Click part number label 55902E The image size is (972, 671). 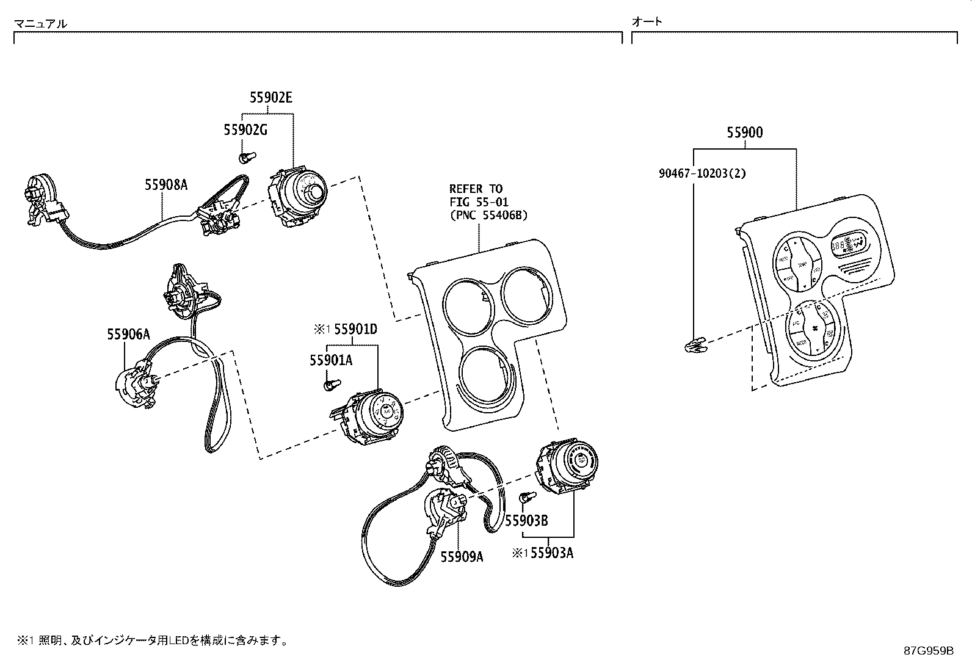270,98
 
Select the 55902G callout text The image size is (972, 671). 245,130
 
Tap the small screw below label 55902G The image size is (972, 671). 246,159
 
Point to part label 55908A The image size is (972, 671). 166,184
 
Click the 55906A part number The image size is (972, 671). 128,334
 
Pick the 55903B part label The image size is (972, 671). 526,520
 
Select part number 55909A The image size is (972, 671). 462,556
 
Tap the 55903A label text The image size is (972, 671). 552,553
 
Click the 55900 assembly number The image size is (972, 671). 744,132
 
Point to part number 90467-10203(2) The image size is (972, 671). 702,173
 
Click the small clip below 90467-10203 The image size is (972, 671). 694,347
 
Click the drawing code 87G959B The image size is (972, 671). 929,650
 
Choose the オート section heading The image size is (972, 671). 647,21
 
